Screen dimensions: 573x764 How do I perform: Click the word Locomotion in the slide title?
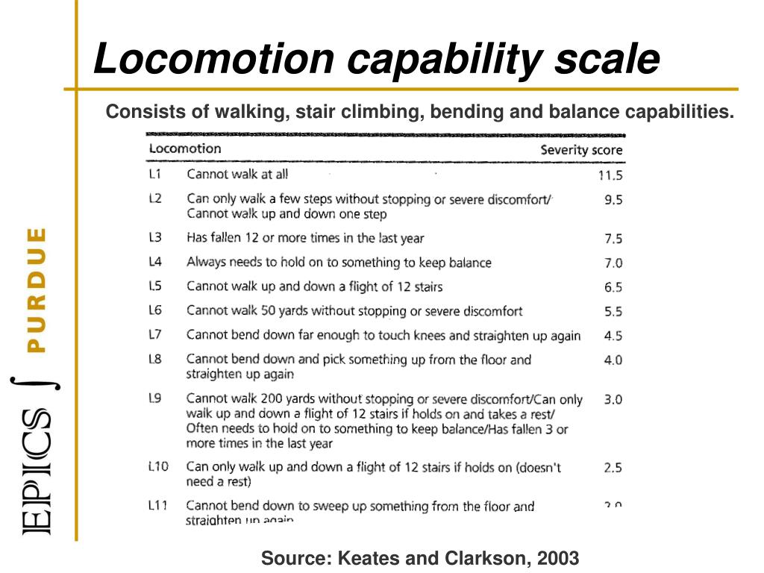pos(213,59)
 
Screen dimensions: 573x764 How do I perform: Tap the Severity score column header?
pos(581,150)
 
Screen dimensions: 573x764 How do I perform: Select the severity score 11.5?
pos(610,176)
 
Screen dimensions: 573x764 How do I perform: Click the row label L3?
pos(155,238)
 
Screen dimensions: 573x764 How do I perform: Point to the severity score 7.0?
pos(613,263)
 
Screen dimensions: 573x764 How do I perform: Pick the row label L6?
pos(155,310)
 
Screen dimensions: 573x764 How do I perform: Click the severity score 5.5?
pos(613,311)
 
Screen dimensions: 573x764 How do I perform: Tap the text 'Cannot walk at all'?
pos(237,175)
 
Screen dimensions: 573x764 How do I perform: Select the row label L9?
pos(155,398)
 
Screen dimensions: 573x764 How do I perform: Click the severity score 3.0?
pos(613,399)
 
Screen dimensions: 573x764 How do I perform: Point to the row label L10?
pos(158,467)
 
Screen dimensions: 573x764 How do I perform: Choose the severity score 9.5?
pos(613,200)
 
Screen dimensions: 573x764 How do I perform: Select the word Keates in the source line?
pos(365,558)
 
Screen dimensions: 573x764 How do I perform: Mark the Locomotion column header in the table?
pos(185,148)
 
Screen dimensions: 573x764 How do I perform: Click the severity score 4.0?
pos(613,360)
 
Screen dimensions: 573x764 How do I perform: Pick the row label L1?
pos(155,175)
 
